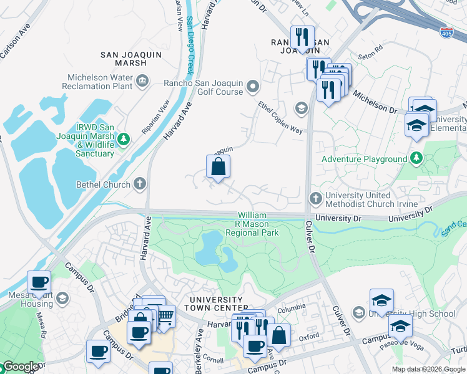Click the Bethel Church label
102,185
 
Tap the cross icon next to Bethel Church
141,185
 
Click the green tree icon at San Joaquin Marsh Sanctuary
124,138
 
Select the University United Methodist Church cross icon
315,198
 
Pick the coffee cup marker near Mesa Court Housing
39,282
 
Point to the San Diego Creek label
190,44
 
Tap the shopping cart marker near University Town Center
164,315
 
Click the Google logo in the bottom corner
20,367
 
